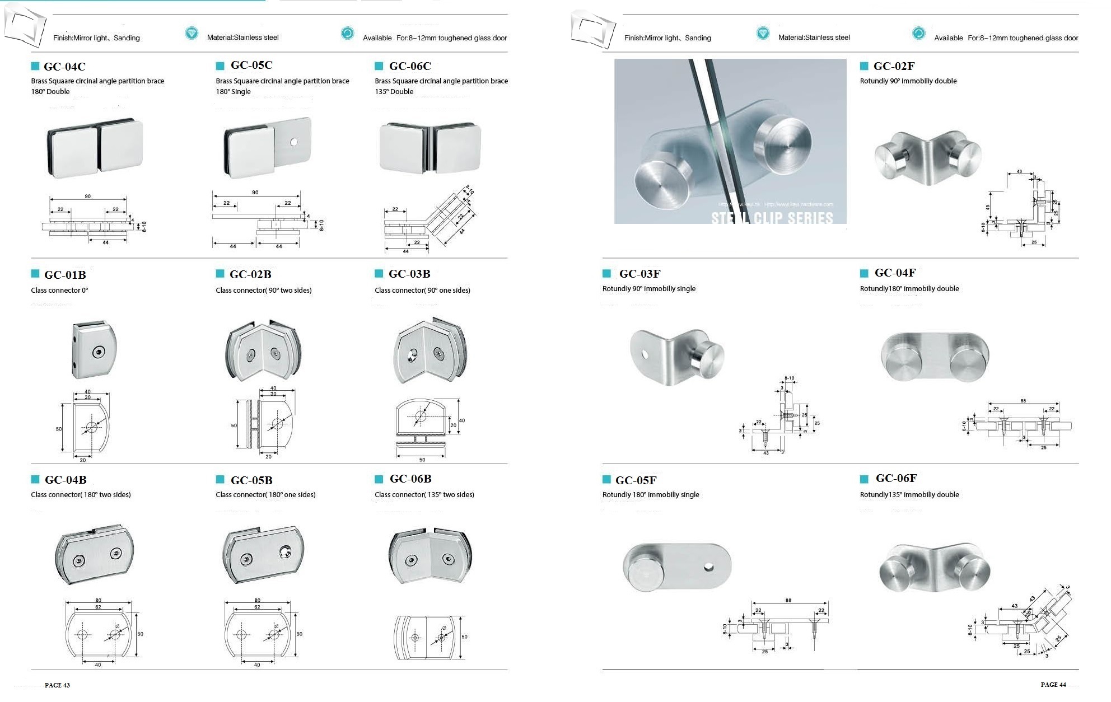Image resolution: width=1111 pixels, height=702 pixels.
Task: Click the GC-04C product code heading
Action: (64, 67)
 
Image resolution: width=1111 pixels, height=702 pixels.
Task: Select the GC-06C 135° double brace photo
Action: (430, 147)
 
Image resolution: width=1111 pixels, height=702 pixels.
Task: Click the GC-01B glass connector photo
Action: (94, 350)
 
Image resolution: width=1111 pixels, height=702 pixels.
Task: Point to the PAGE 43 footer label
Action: (57, 685)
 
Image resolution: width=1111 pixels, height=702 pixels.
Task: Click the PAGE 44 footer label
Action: (1053, 685)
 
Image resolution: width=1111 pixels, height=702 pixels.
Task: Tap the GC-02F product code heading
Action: (894, 66)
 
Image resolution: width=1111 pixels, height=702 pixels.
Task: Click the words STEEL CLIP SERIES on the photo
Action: (772, 218)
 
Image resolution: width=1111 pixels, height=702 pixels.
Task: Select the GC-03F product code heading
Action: (639, 274)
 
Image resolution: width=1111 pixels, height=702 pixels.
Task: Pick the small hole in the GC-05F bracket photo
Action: (708, 568)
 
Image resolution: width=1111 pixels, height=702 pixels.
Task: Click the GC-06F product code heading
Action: (896, 478)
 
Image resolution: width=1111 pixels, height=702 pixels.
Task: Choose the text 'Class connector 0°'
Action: (59, 290)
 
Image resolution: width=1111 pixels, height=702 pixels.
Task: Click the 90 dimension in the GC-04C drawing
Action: (87, 196)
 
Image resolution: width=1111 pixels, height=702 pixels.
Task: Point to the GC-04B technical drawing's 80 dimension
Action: (98, 600)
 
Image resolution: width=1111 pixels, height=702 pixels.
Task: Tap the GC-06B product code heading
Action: (410, 479)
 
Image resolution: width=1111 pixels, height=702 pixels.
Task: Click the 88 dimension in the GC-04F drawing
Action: (1023, 401)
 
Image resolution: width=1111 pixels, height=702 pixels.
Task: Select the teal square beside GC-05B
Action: (220, 479)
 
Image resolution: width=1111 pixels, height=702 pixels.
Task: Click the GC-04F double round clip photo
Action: (935, 357)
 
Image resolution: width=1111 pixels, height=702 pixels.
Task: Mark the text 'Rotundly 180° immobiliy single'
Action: (650, 494)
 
